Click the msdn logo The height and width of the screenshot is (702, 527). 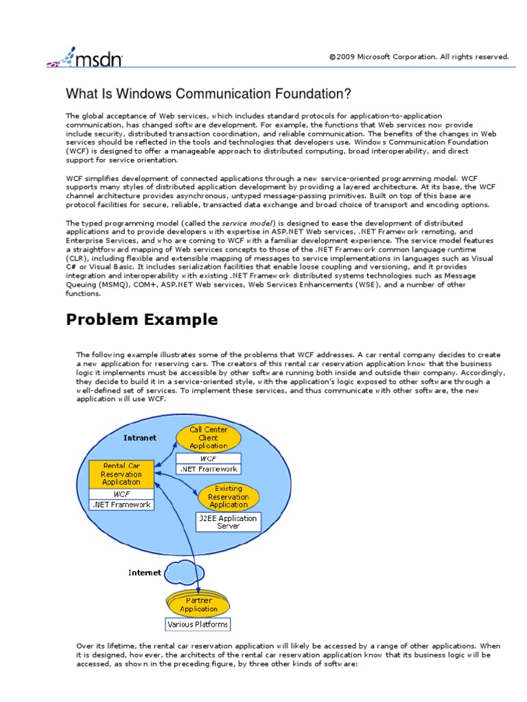tap(85, 58)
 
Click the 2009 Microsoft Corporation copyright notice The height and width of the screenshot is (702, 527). tap(419, 57)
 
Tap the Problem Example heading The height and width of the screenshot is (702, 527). tap(142, 319)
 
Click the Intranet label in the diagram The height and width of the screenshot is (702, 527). tap(140, 437)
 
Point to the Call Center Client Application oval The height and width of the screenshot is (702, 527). tap(209, 438)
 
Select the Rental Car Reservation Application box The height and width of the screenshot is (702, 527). tap(121, 473)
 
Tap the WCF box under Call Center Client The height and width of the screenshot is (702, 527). tap(209, 457)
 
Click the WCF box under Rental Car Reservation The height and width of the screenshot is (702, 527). tap(121, 493)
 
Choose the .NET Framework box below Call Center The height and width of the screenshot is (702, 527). tap(209, 469)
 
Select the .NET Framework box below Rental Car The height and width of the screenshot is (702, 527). tap(121, 505)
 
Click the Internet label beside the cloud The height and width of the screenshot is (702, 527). tap(145, 572)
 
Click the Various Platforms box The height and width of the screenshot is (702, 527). tap(198, 625)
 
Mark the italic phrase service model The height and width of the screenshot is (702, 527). tap(248, 223)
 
